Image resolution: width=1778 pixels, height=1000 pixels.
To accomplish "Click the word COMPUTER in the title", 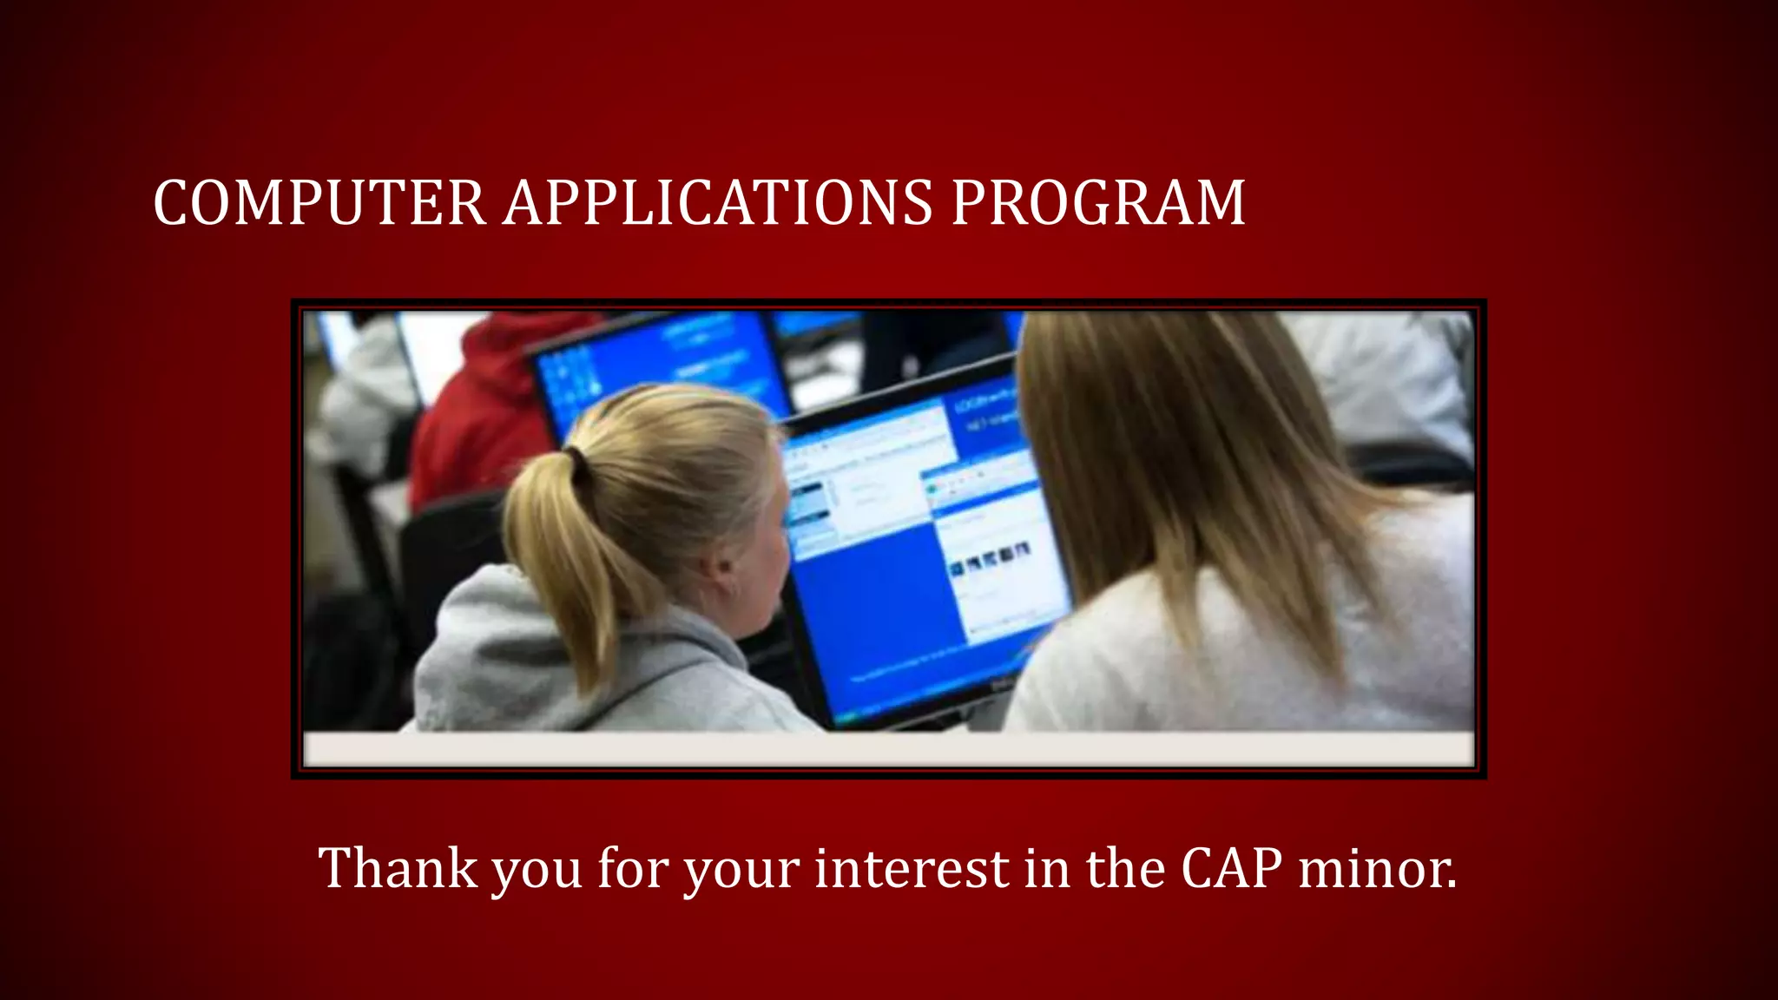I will (x=319, y=203).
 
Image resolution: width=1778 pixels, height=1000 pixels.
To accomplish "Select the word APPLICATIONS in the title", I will (x=718, y=203).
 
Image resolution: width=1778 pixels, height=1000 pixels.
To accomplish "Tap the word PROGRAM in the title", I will (x=1098, y=203).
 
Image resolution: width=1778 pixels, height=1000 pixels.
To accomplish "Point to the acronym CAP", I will (x=1231, y=867).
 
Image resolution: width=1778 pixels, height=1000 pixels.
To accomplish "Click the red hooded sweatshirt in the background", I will (x=486, y=408).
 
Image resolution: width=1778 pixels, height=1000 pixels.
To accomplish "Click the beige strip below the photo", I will (x=888, y=748).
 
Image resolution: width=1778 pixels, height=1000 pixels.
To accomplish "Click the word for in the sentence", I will (x=632, y=867).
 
